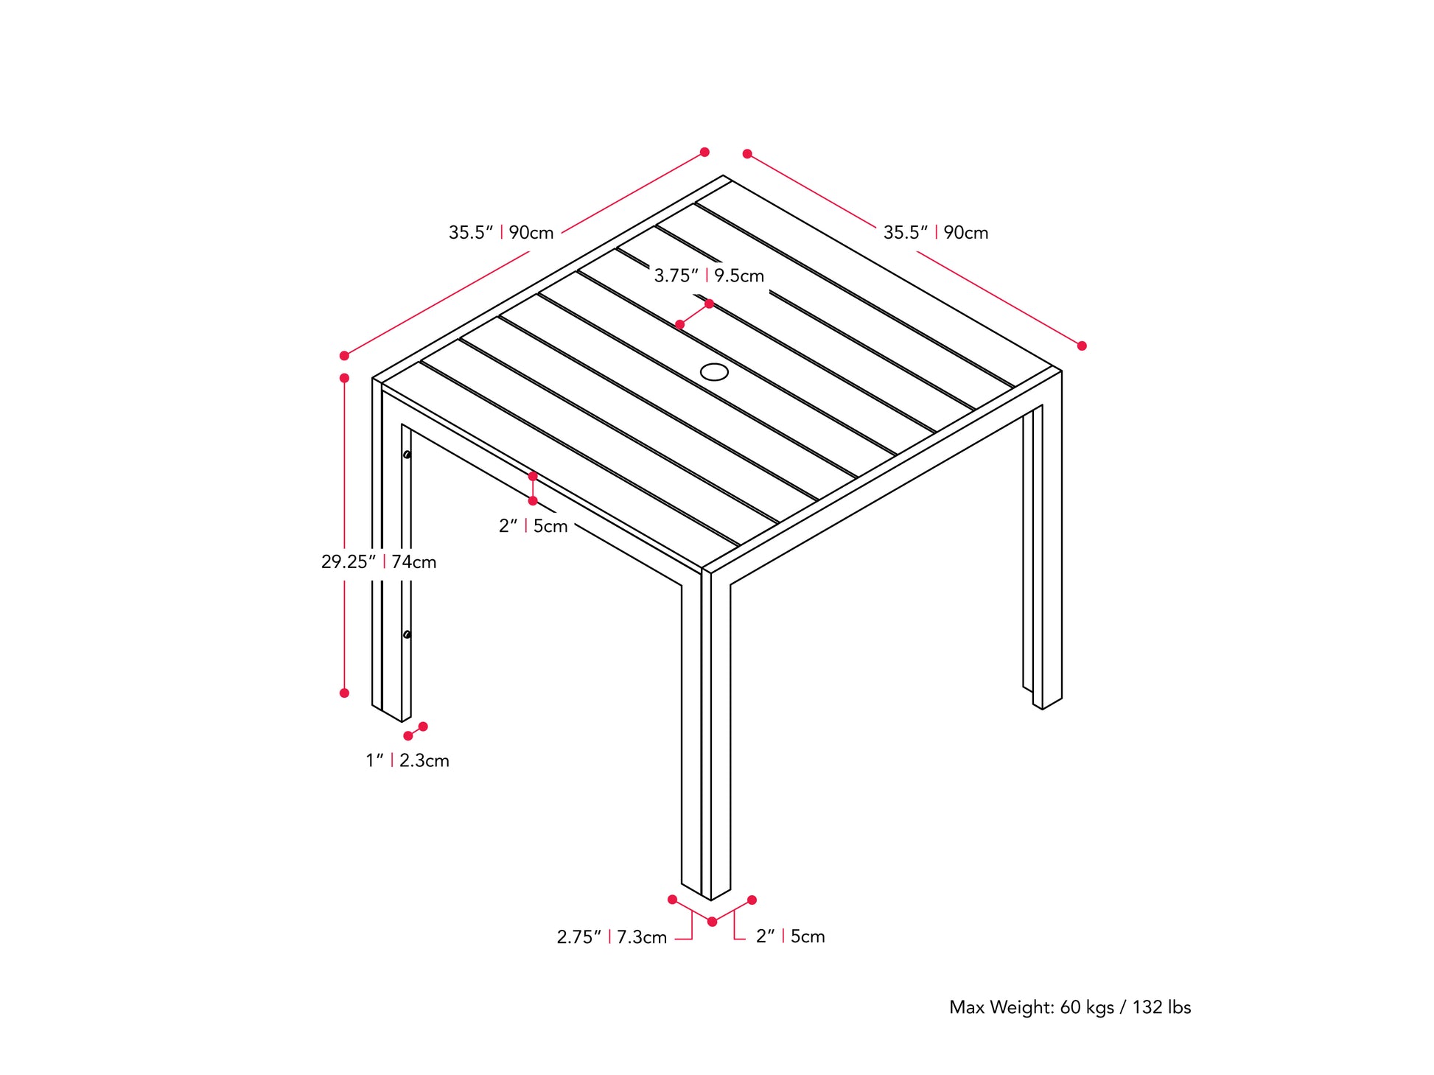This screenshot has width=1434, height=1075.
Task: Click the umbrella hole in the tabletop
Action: coord(714,372)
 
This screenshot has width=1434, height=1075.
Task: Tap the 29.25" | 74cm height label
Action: coord(379,562)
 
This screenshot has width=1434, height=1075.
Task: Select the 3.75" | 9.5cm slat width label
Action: coord(709,276)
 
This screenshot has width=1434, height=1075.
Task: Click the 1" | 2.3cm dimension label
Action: coord(408,760)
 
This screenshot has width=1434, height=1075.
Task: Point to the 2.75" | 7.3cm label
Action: coord(612,937)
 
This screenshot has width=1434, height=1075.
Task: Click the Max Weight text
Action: coord(1069,1007)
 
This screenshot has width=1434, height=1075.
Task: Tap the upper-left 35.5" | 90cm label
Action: coord(501,233)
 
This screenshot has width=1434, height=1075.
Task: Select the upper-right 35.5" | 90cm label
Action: coord(936,233)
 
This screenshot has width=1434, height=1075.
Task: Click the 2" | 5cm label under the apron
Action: coord(533,526)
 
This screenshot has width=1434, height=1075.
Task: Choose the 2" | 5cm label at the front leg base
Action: coord(790,936)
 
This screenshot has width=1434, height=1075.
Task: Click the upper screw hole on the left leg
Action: coord(407,455)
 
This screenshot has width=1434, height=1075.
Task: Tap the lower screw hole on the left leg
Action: coord(407,634)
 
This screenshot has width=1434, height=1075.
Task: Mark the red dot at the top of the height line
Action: coord(344,378)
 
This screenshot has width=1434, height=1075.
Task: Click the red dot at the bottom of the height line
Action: coord(344,693)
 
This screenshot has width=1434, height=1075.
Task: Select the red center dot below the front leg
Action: coord(712,922)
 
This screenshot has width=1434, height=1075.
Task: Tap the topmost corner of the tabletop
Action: coord(724,176)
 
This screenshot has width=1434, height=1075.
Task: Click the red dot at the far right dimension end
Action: coord(1082,346)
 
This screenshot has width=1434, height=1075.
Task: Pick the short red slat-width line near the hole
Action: coord(694,314)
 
